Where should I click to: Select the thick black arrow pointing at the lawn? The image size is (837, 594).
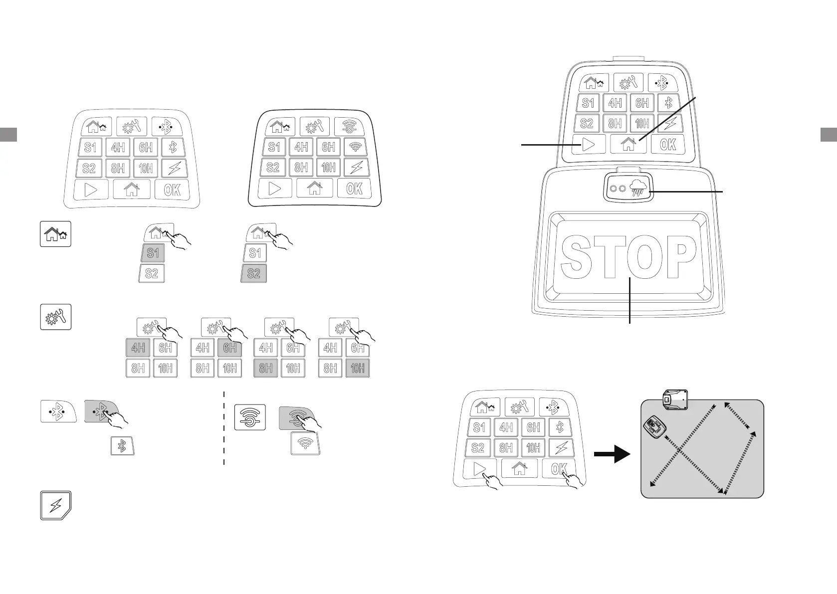[612, 455]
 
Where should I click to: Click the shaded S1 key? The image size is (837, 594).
[153, 253]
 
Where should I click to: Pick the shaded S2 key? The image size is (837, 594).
[254, 273]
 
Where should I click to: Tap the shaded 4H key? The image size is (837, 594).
[138, 348]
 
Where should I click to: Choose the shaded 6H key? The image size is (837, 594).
[230, 348]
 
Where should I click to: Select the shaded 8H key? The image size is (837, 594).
[266, 369]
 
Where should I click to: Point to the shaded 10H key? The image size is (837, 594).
[358, 369]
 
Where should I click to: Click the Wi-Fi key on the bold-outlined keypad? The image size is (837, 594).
[356, 147]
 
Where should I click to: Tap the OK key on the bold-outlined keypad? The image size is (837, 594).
[354, 189]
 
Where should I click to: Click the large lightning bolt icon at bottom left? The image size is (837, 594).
[55, 506]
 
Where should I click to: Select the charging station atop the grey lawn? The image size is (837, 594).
[675, 399]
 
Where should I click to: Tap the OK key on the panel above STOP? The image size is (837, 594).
[668, 145]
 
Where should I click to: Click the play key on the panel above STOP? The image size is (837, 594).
[589, 145]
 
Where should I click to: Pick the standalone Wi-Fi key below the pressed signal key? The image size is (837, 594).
[305, 443]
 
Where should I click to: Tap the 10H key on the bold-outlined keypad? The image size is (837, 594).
[328, 168]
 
